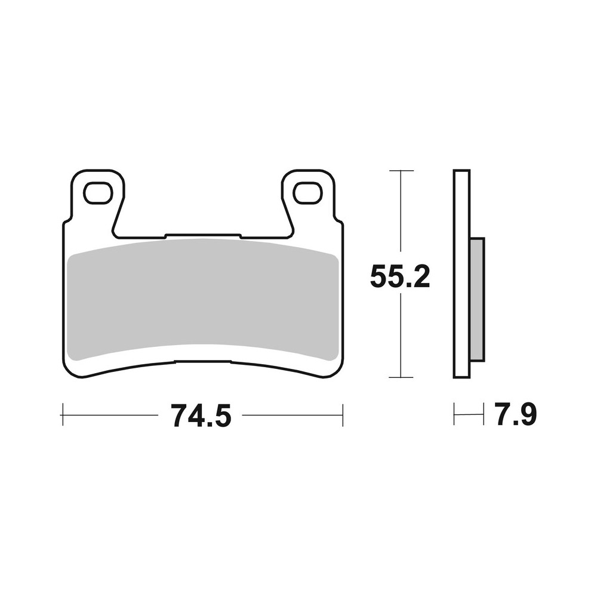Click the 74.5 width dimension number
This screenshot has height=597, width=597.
[x=201, y=416]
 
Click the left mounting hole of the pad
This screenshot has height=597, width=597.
[x=97, y=193]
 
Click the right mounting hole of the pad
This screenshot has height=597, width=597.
[x=307, y=193]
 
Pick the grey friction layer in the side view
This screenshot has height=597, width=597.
[x=477, y=298]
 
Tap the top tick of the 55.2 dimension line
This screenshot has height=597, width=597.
[x=401, y=171]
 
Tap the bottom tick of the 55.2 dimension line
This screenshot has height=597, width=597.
[x=401, y=377]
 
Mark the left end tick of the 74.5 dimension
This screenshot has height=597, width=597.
[x=63, y=415]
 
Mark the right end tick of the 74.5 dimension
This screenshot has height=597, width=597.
[x=343, y=415]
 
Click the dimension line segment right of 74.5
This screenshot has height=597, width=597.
[x=293, y=415]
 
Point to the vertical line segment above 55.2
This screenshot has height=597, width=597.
[x=401, y=215]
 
